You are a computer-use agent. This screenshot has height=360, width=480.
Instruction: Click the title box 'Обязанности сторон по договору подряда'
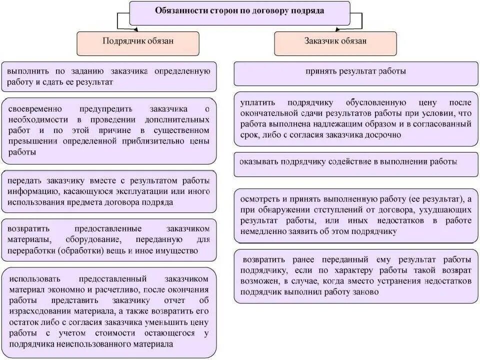point(239,11)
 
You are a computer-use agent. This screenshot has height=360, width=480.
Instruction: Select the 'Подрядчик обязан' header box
point(138,41)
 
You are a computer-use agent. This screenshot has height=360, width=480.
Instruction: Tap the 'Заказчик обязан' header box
point(335,41)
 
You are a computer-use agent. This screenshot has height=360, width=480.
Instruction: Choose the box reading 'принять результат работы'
point(355,71)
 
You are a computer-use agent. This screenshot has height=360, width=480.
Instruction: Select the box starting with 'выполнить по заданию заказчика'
point(109,76)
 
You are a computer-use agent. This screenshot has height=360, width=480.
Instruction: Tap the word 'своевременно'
point(34,108)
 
